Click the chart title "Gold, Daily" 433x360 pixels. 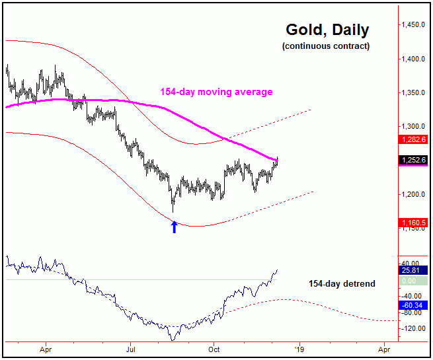click(x=327, y=30)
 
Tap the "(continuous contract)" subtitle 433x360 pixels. click(x=326, y=46)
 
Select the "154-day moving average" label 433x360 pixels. click(x=216, y=92)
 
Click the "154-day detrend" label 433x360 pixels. click(x=342, y=283)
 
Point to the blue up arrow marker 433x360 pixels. click(x=175, y=227)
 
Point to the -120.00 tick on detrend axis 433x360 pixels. click(x=414, y=328)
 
